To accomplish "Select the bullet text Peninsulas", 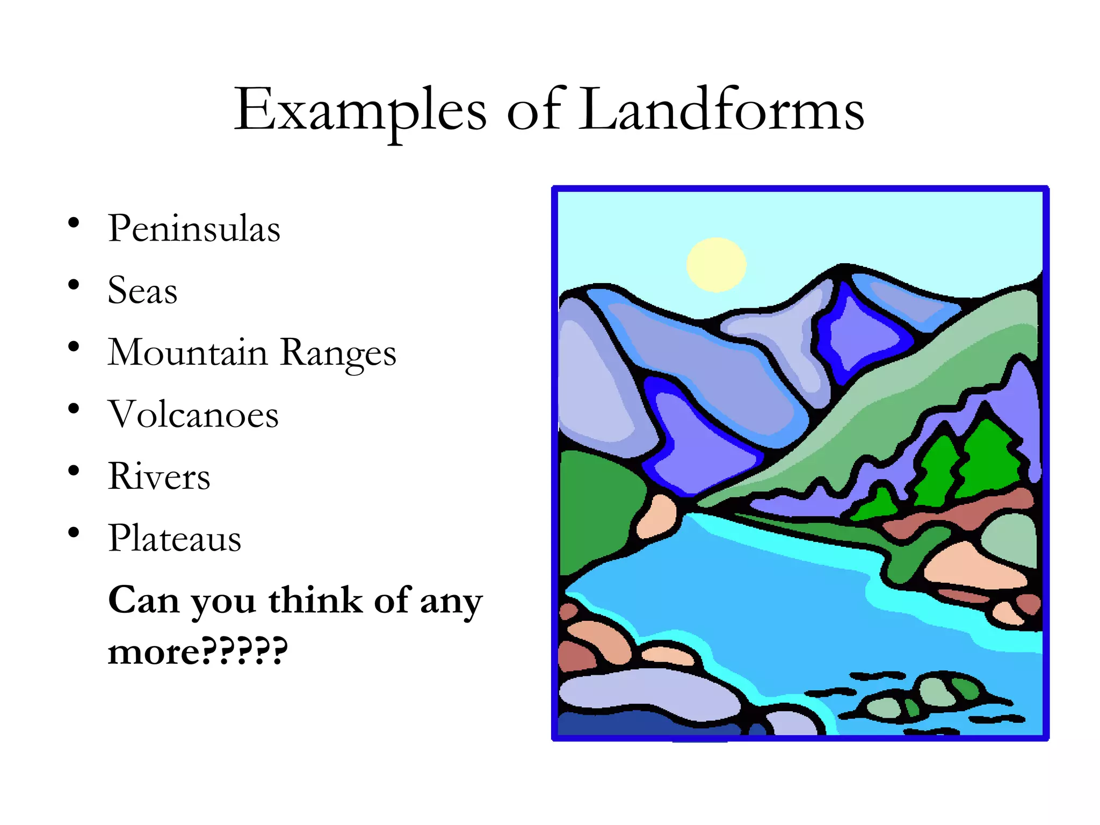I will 194,229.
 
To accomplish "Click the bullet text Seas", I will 142,291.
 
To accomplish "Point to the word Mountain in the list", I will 187,353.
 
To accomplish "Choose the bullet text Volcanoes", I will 193,415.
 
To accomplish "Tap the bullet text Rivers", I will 159,476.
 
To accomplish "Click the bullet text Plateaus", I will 175,538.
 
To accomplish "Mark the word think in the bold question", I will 315,600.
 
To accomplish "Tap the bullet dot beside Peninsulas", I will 74,222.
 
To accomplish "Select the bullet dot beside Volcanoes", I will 74,409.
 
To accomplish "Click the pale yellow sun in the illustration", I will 716,264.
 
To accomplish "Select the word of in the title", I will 534,110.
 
